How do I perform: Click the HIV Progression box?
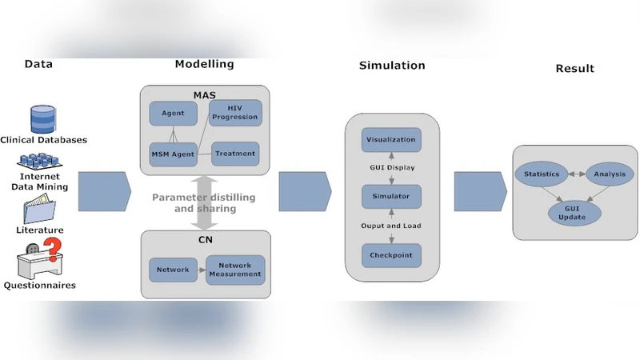[235, 113]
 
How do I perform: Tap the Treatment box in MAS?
[236, 154]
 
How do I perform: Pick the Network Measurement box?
[234, 270]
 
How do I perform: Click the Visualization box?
[391, 140]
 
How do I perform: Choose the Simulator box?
[391, 196]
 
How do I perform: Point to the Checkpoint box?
[391, 256]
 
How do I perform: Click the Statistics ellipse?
[542, 174]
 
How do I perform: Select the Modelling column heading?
[204, 64]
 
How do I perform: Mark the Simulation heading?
[392, 65]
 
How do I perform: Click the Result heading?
[574, 69]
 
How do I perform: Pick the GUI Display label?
[391, 169]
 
